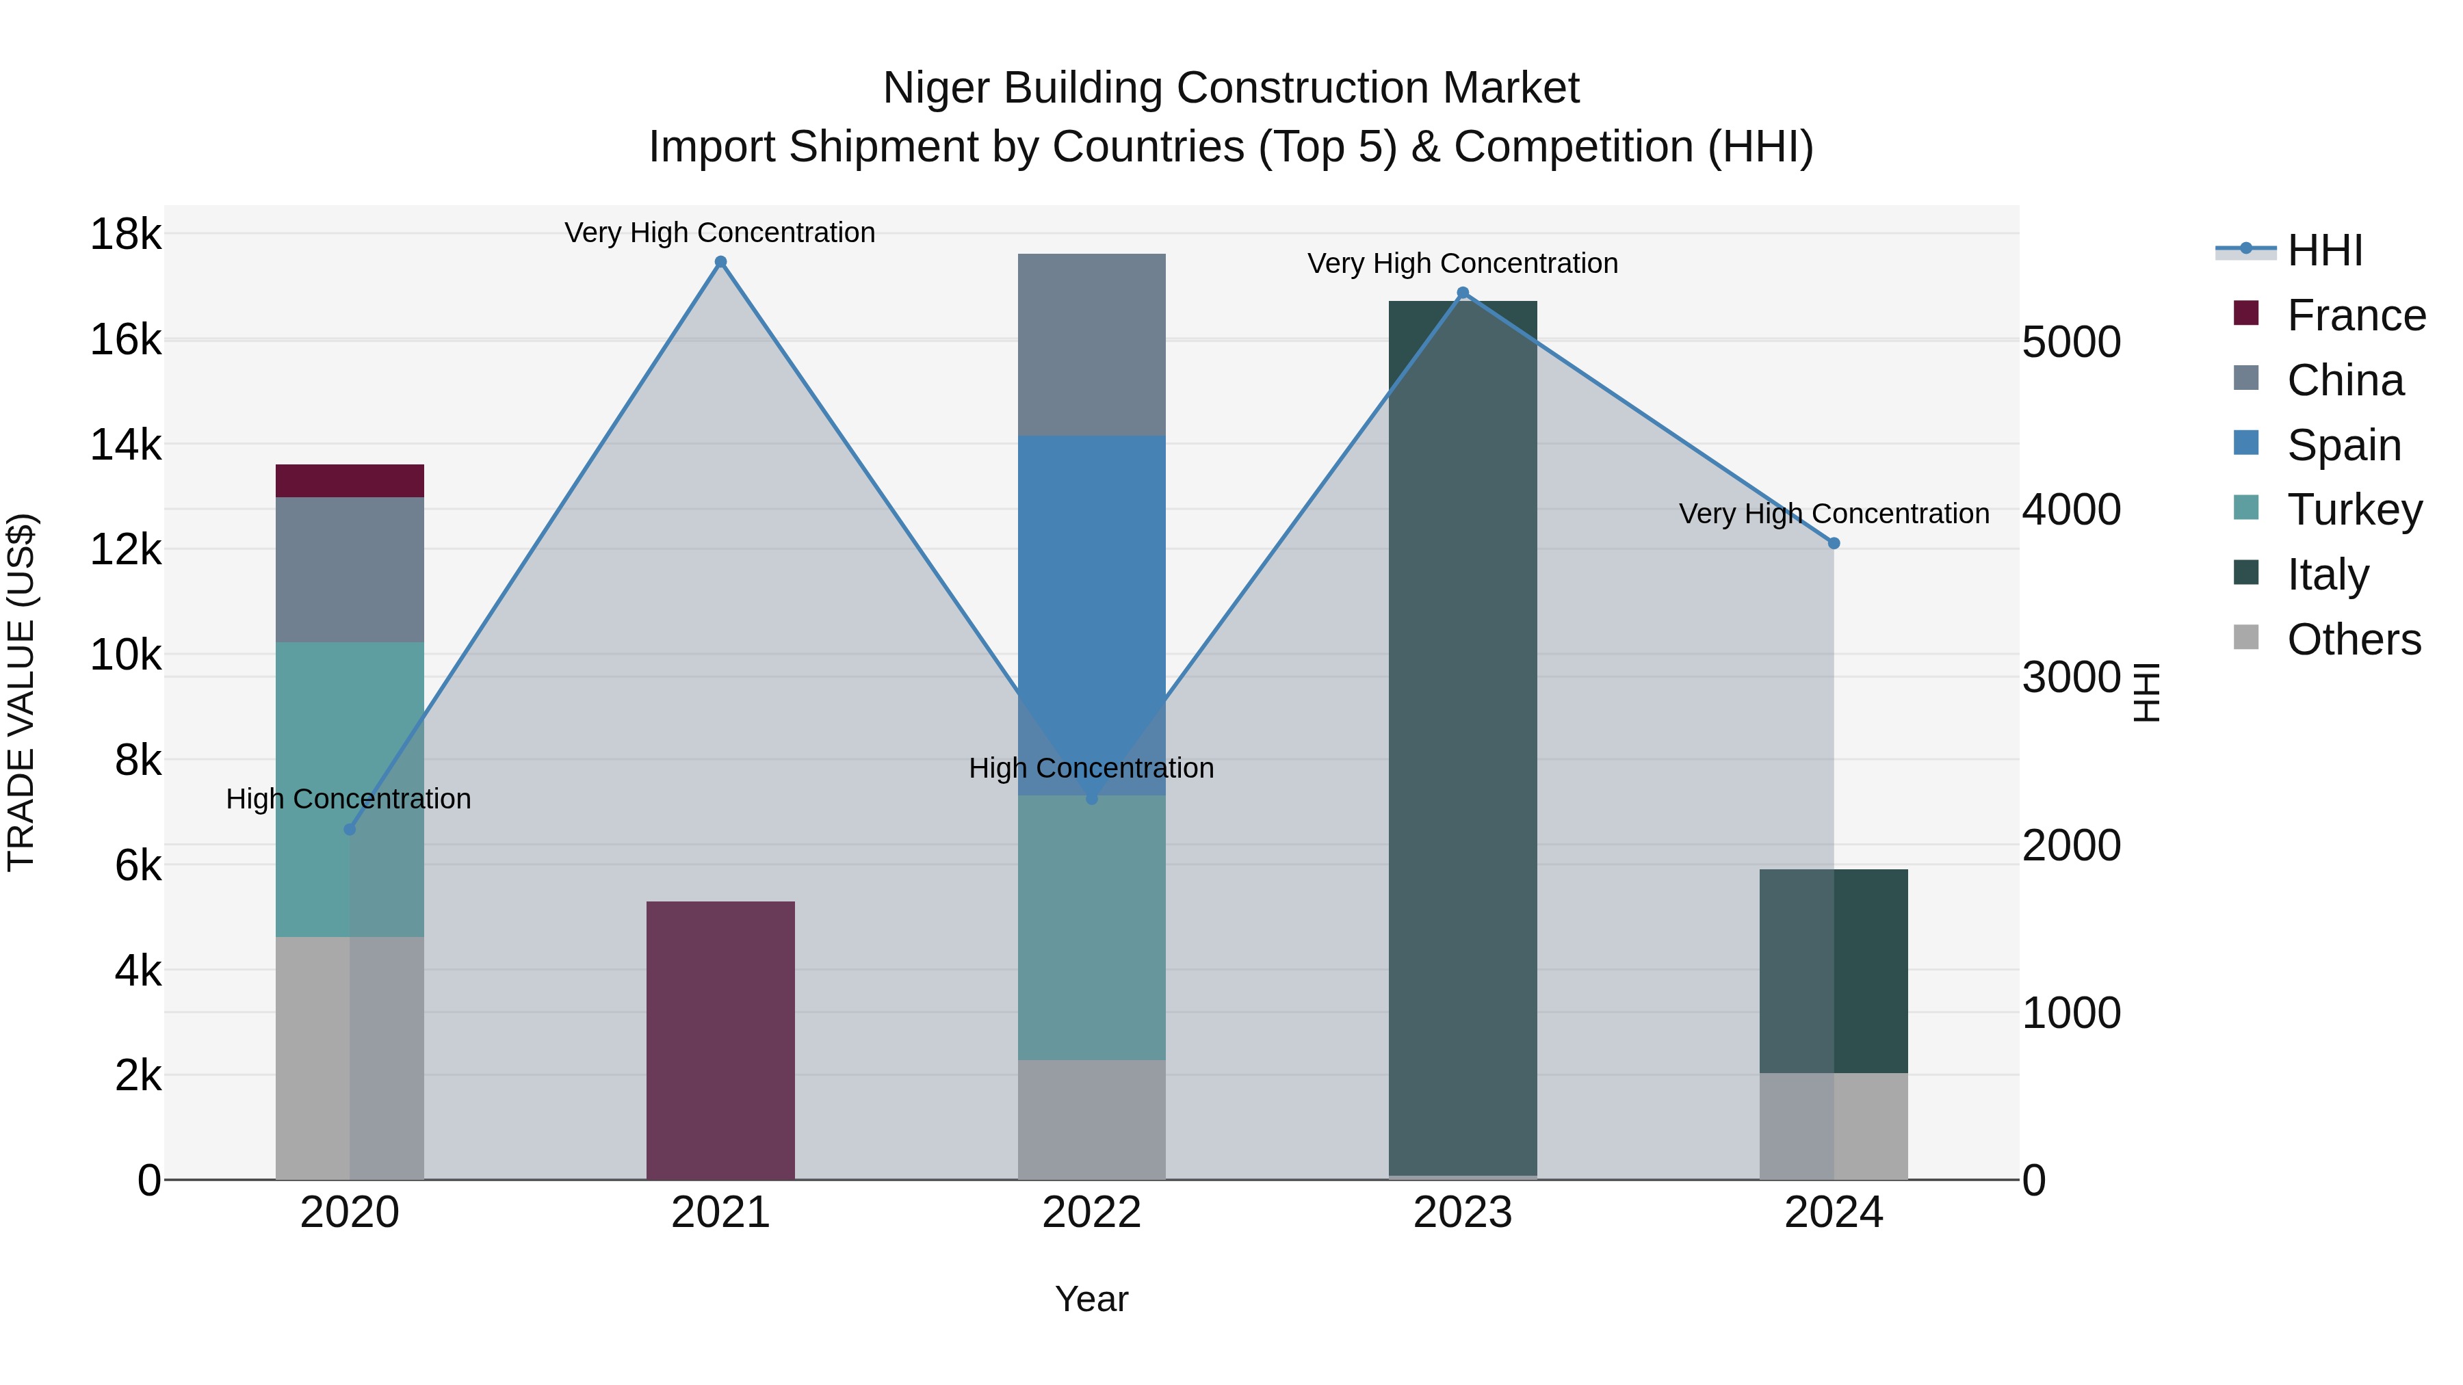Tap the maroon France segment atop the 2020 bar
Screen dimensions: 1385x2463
pos(349,481)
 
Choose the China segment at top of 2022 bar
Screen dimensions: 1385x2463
pos(1091,344)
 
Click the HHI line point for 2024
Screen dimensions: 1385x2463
pos(1833,543)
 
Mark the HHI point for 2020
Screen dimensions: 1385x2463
pos(350,830)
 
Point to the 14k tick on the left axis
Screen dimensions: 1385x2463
pos(125,445)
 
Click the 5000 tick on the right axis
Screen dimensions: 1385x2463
pos(2071,342)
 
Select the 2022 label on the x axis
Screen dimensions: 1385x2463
pos(1091,1213)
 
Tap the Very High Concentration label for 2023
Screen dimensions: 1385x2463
pos(1462,264)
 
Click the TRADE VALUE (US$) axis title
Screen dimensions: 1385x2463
pos(21,692)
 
